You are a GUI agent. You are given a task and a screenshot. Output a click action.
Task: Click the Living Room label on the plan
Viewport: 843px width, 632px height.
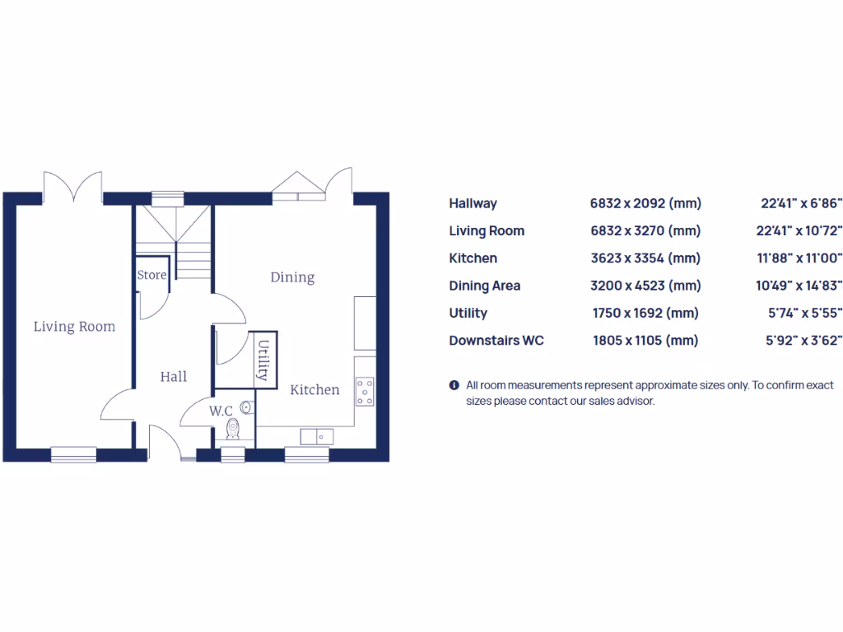pos(74,327)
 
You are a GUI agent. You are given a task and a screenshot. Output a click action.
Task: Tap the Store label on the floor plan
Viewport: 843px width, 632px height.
pos(151,275)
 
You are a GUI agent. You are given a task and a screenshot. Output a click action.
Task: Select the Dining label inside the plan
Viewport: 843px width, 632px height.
pos(292,277)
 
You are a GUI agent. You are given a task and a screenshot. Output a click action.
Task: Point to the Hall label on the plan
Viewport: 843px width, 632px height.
pos(174,377)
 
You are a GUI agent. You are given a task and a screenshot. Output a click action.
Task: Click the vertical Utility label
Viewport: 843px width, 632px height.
pos(263,360)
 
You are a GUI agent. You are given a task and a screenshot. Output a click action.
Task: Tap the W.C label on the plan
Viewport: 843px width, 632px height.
pos(220,411)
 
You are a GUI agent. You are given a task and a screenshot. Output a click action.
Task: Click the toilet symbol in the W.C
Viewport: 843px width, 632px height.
pos(233,430)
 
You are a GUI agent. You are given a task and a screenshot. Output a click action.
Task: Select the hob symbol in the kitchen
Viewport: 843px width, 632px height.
pos(364,391)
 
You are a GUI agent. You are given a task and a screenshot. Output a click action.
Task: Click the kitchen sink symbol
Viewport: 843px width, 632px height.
pos(316,436)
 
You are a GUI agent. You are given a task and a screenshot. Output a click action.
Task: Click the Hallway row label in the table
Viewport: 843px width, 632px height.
pos(473,203)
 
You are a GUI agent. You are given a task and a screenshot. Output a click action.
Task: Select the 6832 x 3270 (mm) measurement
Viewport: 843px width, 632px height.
pos(645,230)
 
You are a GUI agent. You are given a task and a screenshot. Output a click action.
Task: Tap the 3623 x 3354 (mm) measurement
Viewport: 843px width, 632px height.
pos(645,258)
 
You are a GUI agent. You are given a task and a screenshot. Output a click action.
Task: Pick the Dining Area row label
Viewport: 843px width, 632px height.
pos(484,286)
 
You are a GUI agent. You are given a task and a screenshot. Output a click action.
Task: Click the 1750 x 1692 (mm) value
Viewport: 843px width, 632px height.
pos(645,313)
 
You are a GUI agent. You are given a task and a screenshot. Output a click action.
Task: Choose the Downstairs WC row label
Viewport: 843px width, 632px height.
pos(496,340)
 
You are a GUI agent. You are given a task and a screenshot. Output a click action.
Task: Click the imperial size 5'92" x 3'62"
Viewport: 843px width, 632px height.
pos(803,340)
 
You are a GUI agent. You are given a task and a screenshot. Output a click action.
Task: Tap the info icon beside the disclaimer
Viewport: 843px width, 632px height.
pos(454,385)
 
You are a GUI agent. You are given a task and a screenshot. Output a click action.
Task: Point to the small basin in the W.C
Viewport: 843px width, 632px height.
pos(246,407)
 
